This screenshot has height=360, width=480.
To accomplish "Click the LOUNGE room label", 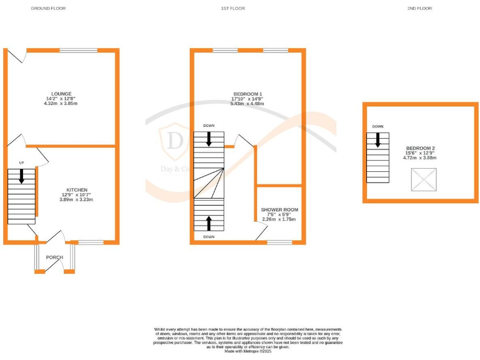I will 62,93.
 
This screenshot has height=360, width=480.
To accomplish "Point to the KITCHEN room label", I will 77,189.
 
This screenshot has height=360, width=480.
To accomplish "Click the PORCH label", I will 55,257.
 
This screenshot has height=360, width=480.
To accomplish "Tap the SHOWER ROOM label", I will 279,209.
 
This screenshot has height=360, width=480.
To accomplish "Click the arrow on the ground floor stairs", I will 22,177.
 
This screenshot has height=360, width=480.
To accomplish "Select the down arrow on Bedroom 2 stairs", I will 377,141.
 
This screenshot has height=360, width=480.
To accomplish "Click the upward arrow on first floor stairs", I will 209,223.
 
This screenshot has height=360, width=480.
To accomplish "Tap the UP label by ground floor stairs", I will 21,163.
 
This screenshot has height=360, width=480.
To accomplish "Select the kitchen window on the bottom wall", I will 91,242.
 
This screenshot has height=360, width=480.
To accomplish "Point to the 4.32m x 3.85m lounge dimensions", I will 62,103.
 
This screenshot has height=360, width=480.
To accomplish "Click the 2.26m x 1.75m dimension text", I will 279,219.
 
